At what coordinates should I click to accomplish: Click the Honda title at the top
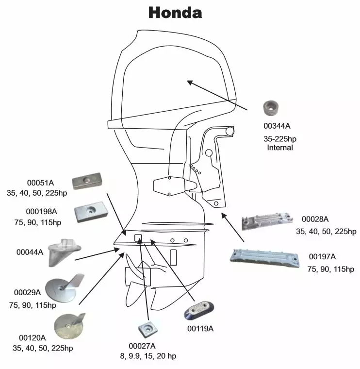[175, 13]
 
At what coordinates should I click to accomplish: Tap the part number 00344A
[277, 126]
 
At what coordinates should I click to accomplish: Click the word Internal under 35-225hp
[280, 147]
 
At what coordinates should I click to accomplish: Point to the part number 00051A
[40, 183]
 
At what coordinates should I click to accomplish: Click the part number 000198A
[41, 211]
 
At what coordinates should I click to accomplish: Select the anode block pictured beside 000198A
[90, 212]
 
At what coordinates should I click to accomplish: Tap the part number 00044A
[30, 252]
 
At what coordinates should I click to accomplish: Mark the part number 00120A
[32, 337]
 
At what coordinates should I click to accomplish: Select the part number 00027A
[142, 346]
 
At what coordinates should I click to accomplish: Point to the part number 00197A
[322, 256]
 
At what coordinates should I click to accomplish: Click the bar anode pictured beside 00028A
[268, 223]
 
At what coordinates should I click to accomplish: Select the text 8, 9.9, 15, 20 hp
[148, 356]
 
